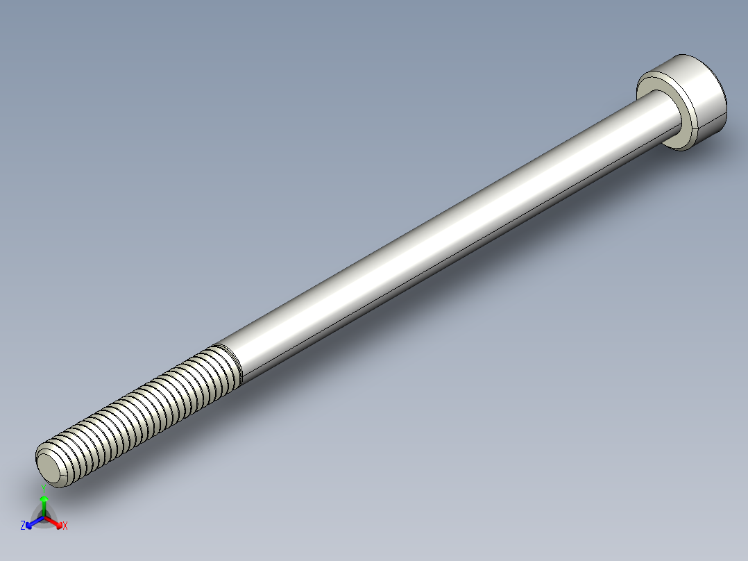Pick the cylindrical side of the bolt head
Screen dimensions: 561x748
pos(708,97)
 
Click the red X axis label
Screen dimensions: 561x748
pos(65,526)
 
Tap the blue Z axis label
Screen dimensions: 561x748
pos(23,526)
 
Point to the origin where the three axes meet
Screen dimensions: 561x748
pos(44,517)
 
